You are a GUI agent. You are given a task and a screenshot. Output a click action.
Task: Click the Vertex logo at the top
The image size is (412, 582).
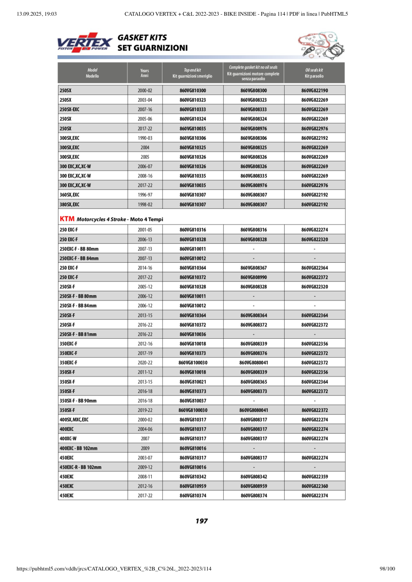click(85, 42)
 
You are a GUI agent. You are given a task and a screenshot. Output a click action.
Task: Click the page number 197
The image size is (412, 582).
click(201, 521)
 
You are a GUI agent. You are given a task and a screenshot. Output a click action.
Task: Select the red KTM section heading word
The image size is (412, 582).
click(67, 219)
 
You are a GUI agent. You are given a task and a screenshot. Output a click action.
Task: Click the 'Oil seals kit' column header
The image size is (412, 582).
click(314, 73)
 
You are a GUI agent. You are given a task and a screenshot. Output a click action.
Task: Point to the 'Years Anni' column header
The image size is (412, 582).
click(144, 73)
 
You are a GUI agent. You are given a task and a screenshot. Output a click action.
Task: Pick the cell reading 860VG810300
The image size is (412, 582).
click(192, 91)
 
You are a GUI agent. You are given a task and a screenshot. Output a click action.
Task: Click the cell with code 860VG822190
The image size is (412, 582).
click(314, 91)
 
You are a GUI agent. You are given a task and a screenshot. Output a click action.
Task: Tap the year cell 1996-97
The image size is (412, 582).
click(144, 195)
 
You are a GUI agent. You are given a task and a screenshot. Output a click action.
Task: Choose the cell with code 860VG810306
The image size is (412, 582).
click(192, 138)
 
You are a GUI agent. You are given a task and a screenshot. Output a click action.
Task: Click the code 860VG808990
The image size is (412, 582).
click(253, 277)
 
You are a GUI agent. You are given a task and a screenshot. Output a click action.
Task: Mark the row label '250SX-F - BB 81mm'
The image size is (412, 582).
click(78, 334)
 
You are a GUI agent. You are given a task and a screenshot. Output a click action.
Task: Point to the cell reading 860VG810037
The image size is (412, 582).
click(192, 401)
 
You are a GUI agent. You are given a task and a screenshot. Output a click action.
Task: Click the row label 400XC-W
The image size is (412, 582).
click(68, 439)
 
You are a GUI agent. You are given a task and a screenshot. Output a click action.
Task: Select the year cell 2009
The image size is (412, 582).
click(144, 448)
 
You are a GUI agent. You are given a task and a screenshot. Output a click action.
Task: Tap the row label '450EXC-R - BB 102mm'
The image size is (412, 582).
click(80, 467)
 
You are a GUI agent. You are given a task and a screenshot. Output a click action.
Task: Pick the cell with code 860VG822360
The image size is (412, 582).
click(314, 486)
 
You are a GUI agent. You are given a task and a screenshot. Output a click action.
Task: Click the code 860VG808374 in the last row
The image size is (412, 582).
click(253, 496)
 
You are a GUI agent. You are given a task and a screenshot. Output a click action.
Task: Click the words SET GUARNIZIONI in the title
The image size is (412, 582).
click(152, 48)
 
